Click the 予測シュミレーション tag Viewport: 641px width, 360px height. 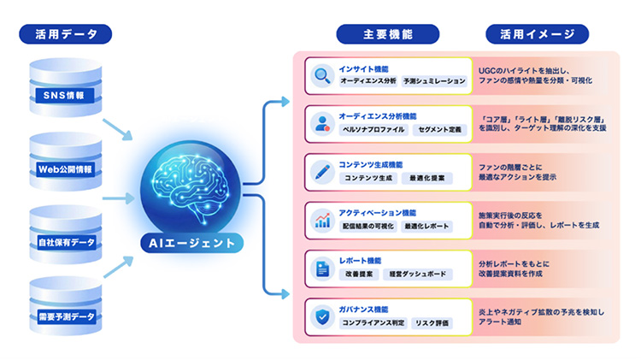[x=435, y=81]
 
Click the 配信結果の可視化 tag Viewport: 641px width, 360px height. [x=368, y=227]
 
